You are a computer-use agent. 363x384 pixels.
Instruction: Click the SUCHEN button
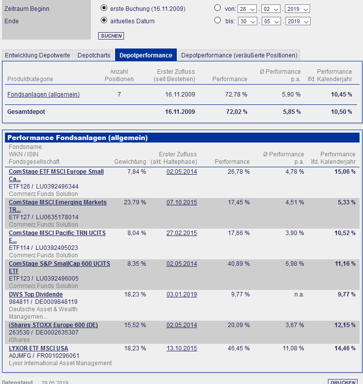pyautogui.click(x=111, y=36)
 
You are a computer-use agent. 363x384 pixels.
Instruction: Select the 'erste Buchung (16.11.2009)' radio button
pyautogui.click(x=104, y=8)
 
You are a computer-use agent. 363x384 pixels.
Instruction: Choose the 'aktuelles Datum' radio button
pyautogui.click(x=104, y=21)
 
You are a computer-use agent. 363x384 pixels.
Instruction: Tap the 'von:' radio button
pyautogui.click(x=218, y=8)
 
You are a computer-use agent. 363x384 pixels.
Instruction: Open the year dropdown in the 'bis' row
pyautogui.click(x=298, y=21)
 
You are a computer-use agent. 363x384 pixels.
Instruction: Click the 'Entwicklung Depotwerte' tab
pyautogui.click(x=38, y=55)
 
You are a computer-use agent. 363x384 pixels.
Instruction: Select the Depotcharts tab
pyautogui.click(x=94, y=55)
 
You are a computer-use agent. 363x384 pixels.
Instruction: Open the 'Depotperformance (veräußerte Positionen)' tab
pyautogui.click(x=239, y=55)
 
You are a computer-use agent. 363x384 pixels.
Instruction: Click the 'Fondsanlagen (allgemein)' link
pyautogui.click(x=43, y=94)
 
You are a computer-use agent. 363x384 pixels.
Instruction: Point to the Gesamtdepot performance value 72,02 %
pyautogui.click(x=237, y=112)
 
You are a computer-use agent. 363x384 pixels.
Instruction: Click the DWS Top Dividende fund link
pyautogui.click(x=36, y=294)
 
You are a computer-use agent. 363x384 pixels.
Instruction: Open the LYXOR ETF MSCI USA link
pyautogui.click(x=39, y=348)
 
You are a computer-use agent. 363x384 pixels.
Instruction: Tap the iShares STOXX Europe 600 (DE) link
pyautogui.click(x=53, y=325)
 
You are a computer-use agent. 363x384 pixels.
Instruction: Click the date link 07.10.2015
pyautogui.click(x=182, y=202)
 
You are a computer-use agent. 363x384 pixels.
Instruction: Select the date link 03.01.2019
pyautogui.click(x=182, y=294)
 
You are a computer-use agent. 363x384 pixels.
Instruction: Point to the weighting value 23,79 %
pyautogui.click(x=135, y=202)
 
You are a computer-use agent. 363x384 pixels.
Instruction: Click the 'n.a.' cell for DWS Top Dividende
pyautogui.click(x=299, y=294)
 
